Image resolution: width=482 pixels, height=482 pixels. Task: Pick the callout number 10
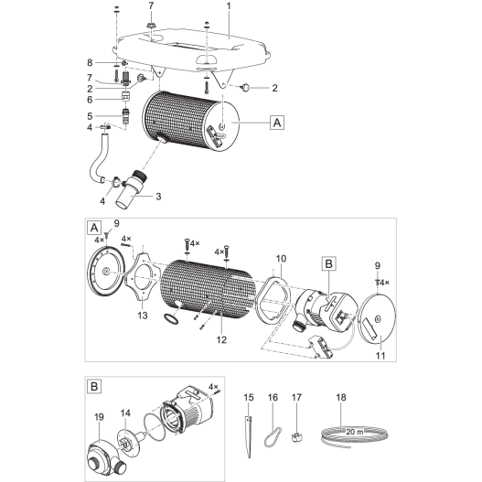pos(281,259)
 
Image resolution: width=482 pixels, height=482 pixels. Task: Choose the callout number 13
pos(141,315)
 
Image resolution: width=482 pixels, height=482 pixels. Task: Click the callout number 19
pos(99,416)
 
